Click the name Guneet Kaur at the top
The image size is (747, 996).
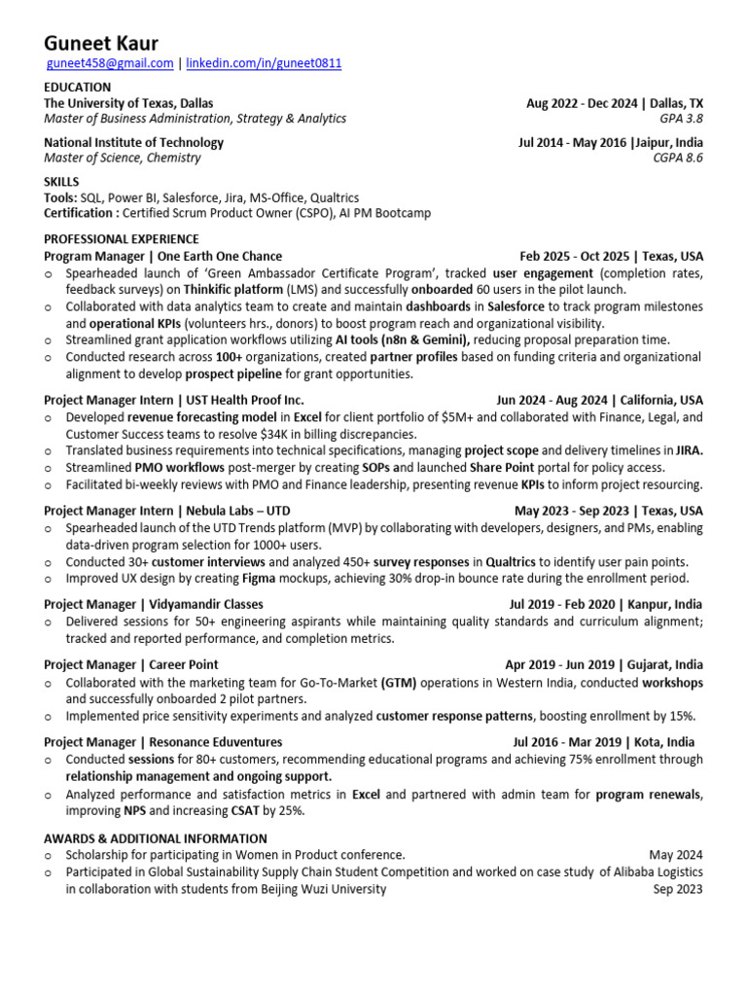point(101,44)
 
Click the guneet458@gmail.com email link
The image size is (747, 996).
point(110,63)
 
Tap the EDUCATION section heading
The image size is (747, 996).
point(78,87)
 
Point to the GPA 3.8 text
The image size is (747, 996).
point(681,119)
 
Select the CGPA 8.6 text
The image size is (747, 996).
point(678,158)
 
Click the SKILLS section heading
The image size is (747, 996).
point(61,182)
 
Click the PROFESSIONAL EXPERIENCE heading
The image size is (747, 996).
point(122,238)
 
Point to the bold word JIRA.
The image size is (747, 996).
point(690,450)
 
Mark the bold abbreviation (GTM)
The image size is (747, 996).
point(399,682)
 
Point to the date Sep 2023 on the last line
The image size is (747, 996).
point(678,888)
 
